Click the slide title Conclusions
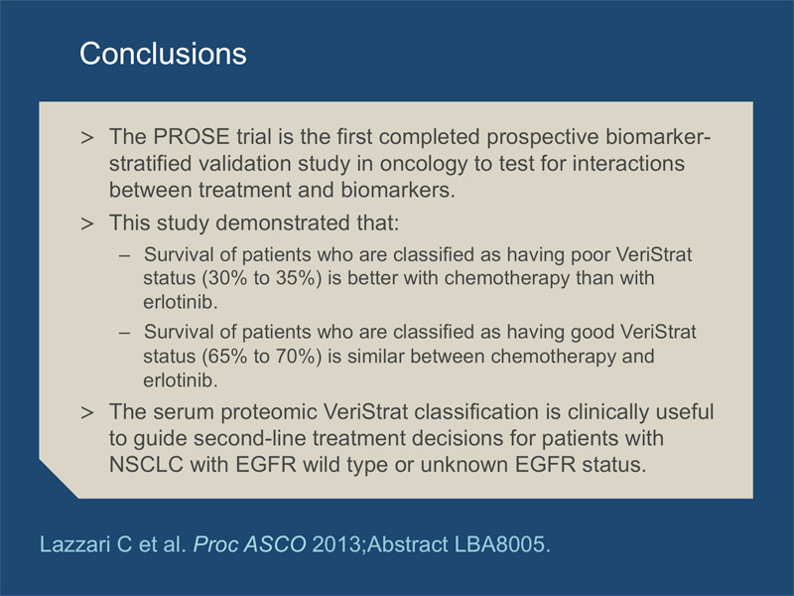(x=163, y=54)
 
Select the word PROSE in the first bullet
(x=192, y=137)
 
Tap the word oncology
(x=424, y=164)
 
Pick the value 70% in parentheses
(x=295, y=357)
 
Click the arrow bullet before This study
(x=87, y=223)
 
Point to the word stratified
(x=151, y=164)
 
